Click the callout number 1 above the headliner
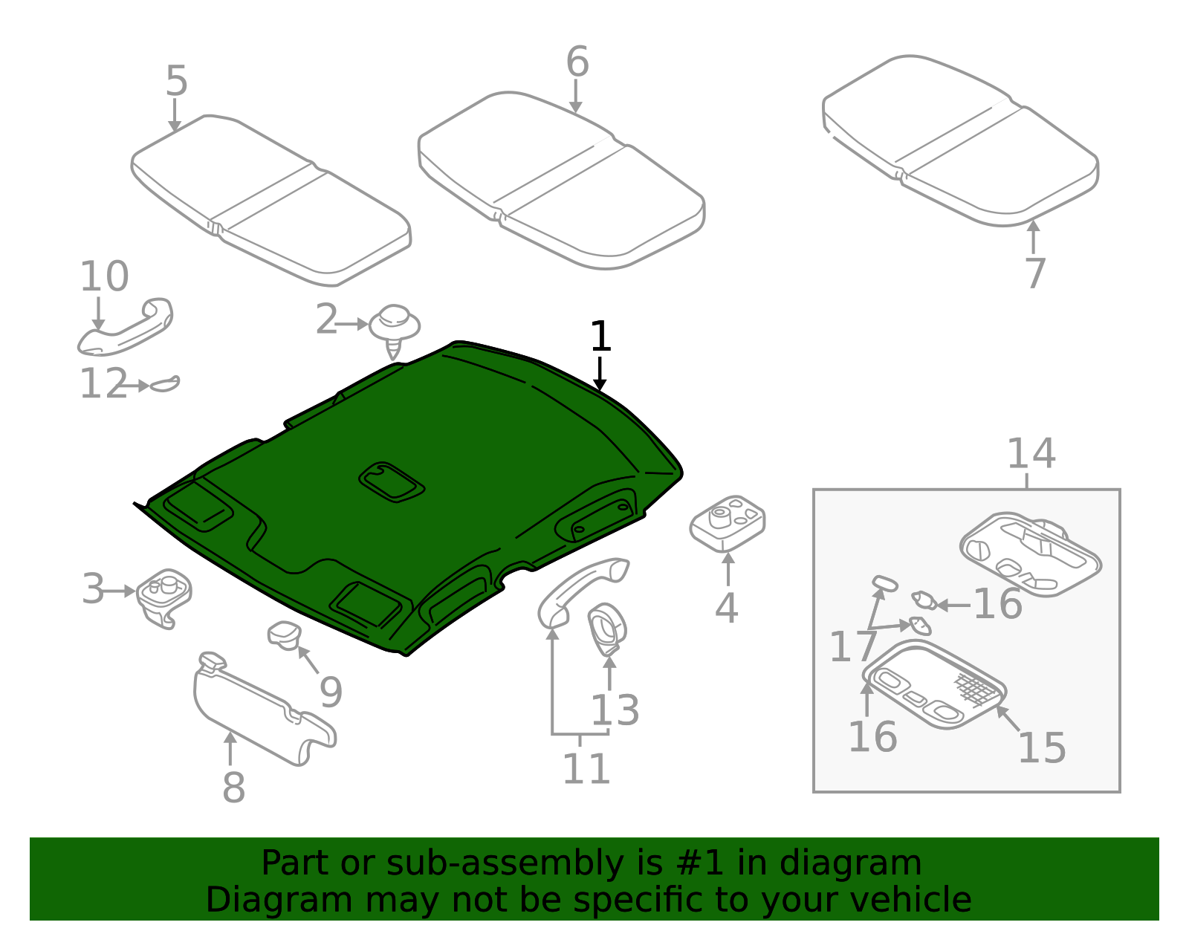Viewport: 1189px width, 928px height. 600,337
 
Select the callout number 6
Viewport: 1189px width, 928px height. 577,62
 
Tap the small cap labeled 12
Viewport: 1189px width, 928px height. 164,384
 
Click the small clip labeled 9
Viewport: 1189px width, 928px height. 284,635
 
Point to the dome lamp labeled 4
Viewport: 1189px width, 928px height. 727,523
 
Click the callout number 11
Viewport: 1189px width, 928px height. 586,769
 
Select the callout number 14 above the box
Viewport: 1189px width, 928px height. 1031,453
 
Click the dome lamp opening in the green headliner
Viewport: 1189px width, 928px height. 392,482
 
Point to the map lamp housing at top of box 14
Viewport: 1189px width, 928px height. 1029,554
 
